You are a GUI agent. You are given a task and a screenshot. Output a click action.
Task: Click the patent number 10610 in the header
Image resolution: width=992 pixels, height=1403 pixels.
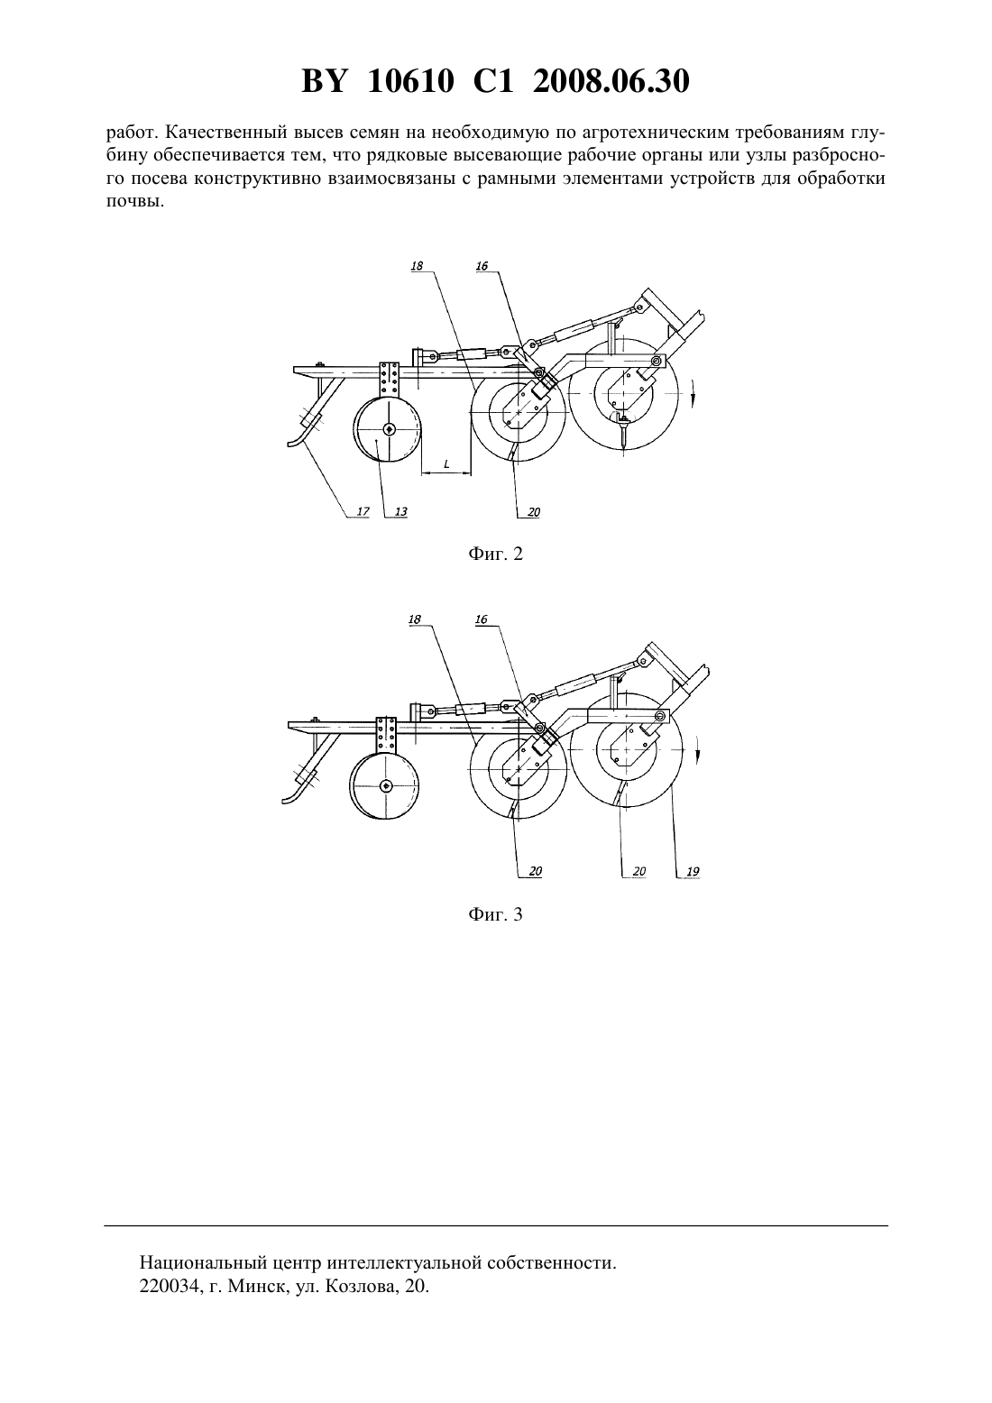click(x=410, y=81)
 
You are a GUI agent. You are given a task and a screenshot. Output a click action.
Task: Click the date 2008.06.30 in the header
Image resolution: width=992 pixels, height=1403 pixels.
click(x=611, y=81)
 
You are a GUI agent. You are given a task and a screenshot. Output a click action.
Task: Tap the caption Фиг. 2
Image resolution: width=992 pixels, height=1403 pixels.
click(x=495, y=554)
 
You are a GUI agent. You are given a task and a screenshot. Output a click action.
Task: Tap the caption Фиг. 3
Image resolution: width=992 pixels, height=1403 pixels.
click(x=495, y=914)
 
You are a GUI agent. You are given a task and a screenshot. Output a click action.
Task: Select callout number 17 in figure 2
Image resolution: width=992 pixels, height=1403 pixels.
click(x=363, y=511)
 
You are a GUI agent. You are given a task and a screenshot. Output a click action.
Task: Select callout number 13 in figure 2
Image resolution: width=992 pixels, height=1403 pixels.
click(x=400, y=511)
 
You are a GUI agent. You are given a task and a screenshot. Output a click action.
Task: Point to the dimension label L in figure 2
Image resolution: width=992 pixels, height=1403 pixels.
click(x=445, y=464)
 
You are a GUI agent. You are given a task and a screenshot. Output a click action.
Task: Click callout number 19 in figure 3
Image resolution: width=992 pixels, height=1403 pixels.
click(x=693, y=871)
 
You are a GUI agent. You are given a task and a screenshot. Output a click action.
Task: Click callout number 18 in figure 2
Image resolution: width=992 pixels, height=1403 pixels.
click(x=417, y=266)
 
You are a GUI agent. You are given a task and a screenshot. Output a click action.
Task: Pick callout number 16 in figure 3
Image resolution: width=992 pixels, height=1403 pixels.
click(x=481, y=619)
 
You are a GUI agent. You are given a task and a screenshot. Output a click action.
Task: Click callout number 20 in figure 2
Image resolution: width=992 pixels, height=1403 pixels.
click(x=534, y=512)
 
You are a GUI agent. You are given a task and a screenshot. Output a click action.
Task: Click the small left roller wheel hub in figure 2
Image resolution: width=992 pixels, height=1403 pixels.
click(x=390, y=429)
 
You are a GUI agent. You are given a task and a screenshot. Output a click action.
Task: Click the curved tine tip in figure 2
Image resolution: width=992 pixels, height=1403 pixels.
click(x=290, y=445)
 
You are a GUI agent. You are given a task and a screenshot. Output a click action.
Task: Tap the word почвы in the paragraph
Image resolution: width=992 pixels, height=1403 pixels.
click(x=135, y=202)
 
